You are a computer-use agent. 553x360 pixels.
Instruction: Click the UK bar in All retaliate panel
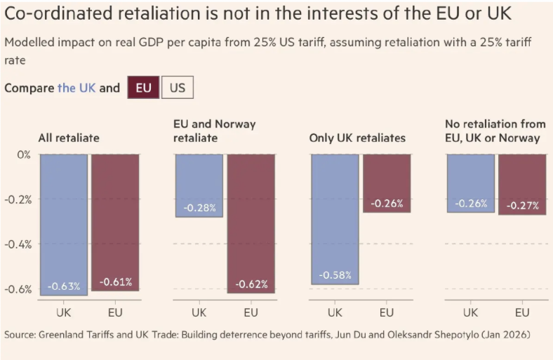tap(64, 225)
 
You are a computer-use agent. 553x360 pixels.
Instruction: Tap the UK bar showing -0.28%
tap(199, 185)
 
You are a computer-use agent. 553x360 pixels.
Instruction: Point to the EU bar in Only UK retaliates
tap(387, 183)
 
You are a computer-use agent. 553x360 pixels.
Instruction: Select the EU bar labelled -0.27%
tap(522, 184)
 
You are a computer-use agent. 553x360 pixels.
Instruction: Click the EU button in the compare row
tap(143, 88)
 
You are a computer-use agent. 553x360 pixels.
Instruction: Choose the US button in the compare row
tap(178, 88)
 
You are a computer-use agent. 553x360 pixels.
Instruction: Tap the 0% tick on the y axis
tap(24, 154)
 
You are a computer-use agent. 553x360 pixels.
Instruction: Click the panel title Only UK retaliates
tap(357, 138)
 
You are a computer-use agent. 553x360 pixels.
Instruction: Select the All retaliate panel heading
tap(69, 138)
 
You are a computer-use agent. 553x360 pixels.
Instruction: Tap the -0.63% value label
tap(64, 286)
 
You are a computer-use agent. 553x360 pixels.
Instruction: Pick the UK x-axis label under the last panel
tap(471, 312)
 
